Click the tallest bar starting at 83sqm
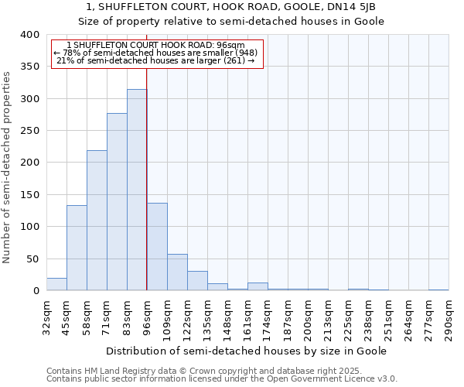tap(137, 190)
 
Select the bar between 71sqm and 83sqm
tap(117, 202)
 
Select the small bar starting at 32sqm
tap(56, 284)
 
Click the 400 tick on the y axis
tap(29, 35)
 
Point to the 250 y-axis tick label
tap(29, 131)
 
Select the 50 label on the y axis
tap(32, 259)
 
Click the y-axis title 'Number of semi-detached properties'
tap(7, 166)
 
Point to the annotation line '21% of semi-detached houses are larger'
tap(157, 61)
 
